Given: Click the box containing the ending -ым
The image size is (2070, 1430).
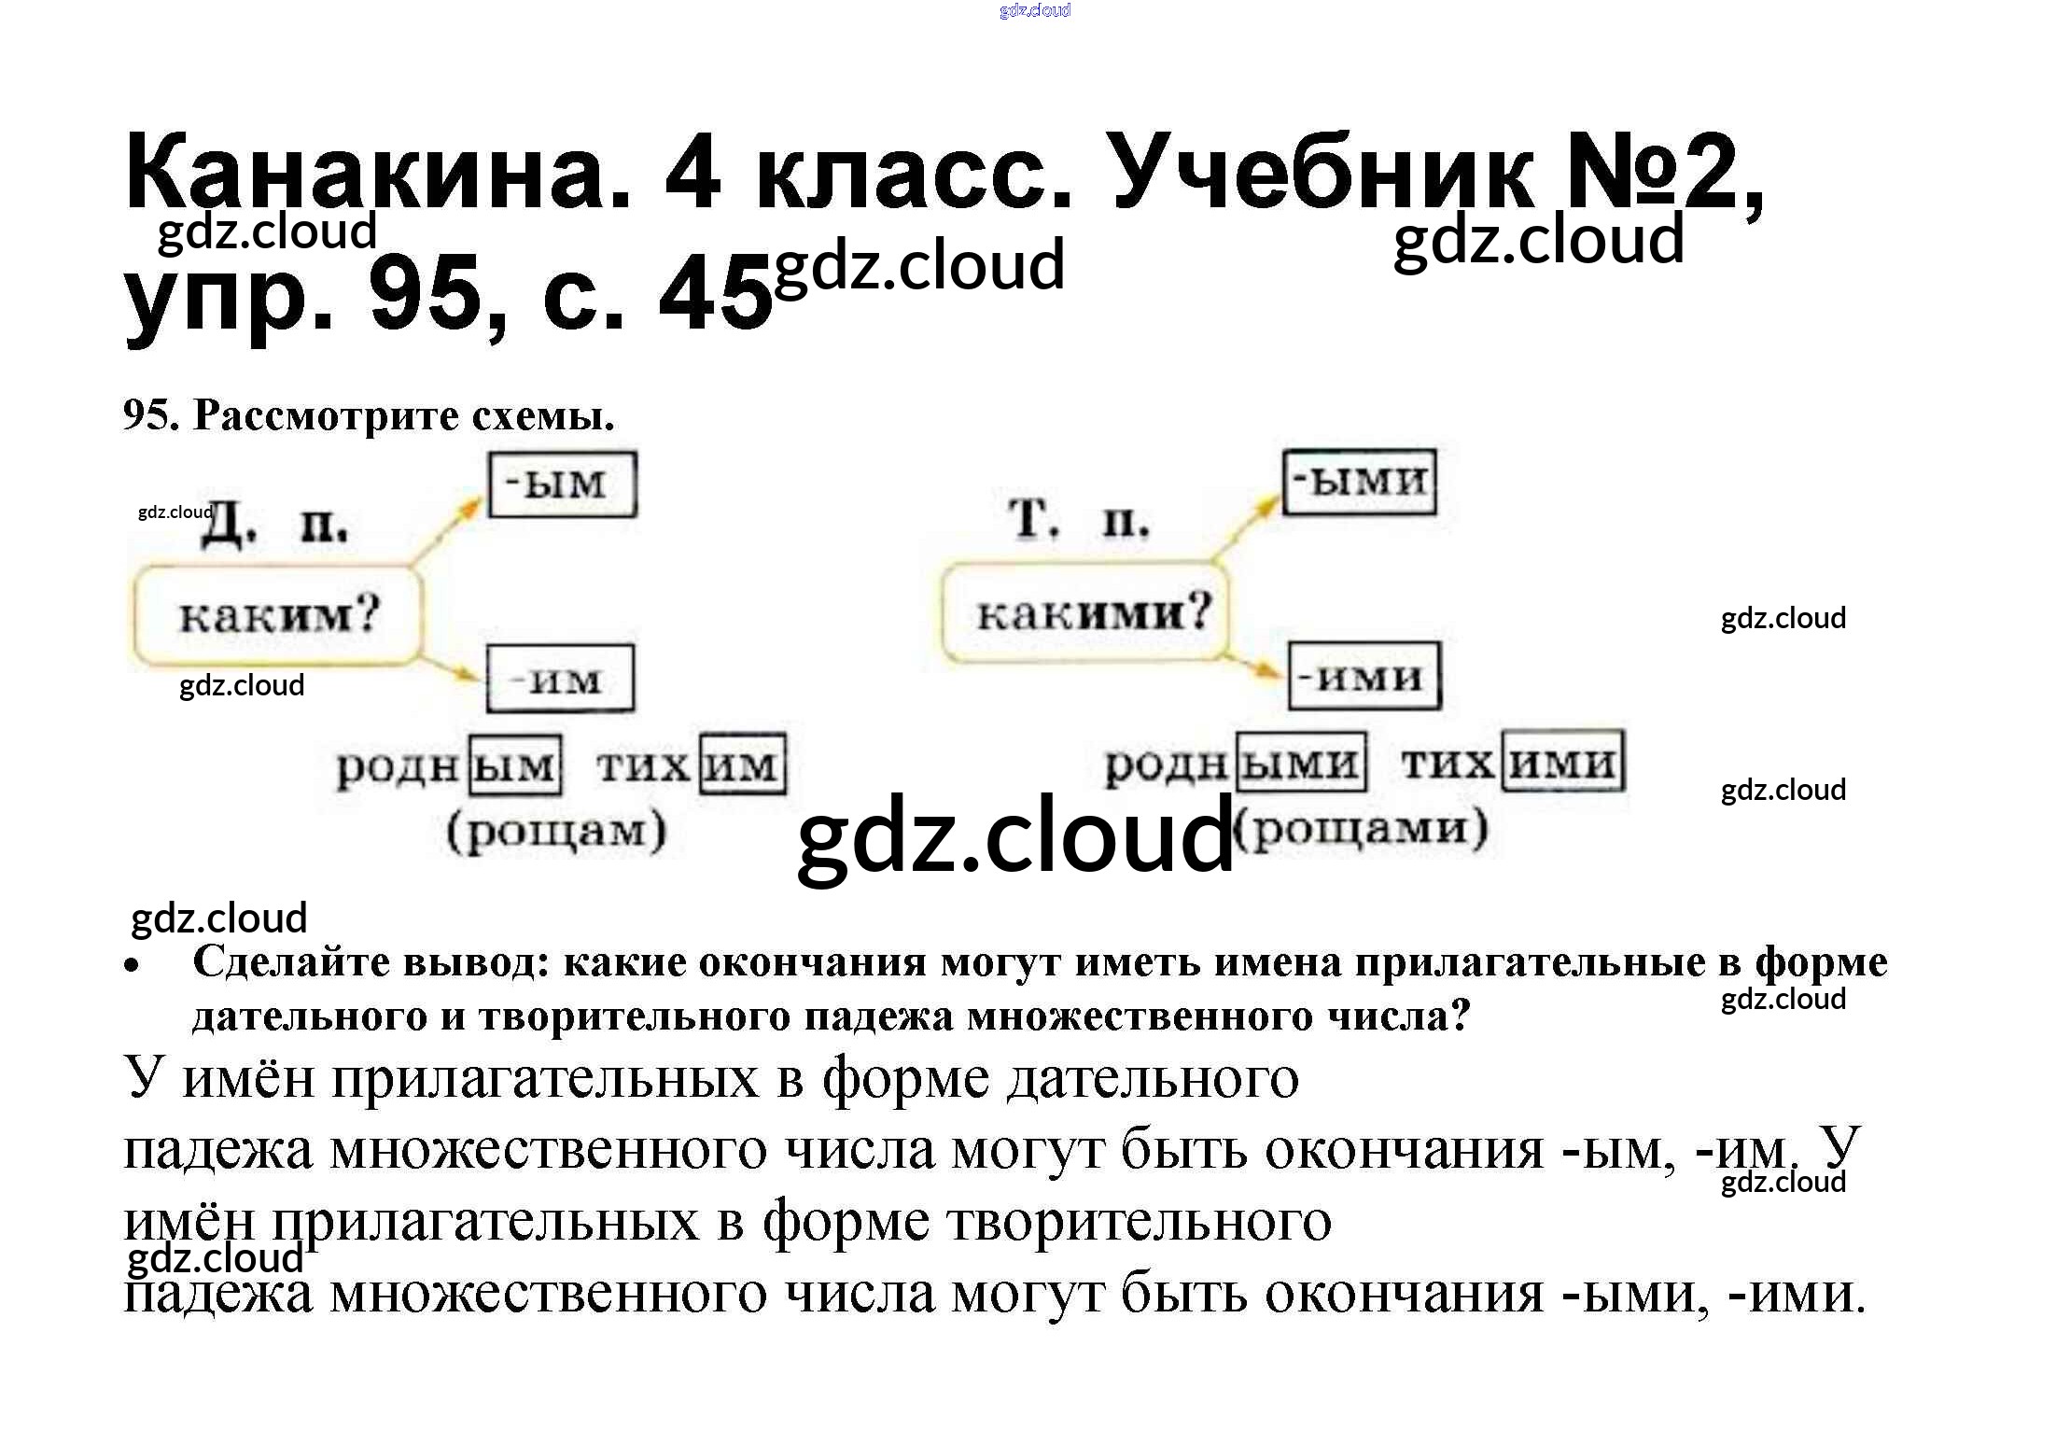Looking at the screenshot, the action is [563, 484].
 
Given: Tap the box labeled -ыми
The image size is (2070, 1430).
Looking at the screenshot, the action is [1359, 482].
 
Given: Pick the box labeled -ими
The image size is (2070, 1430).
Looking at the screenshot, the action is [1364, 676].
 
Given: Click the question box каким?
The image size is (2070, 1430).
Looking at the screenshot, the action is [277, 615].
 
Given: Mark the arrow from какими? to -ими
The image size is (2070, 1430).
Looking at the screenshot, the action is [1251, 664].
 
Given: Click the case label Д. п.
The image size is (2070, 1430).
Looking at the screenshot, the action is [275, 528].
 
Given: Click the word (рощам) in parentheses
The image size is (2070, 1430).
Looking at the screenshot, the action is [557, 831].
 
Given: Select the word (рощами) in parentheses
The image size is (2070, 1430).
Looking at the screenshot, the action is [1361, 829].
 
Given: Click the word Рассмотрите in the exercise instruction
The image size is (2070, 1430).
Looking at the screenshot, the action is [326, 415].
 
